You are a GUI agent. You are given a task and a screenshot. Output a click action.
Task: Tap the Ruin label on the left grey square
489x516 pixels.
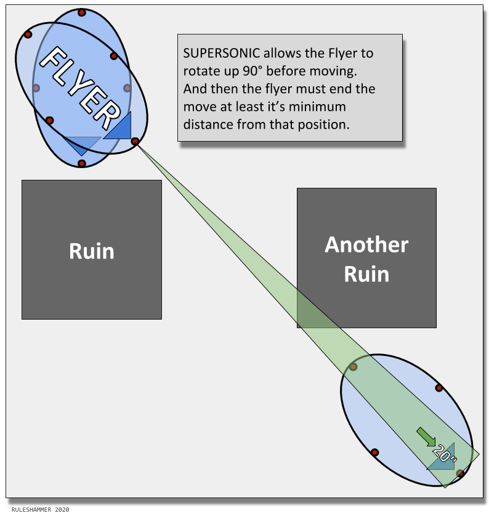click(91, 251)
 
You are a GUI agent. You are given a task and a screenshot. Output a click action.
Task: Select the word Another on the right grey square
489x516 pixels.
click(366, 244)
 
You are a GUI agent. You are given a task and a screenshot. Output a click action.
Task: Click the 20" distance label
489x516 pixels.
click(444, 454)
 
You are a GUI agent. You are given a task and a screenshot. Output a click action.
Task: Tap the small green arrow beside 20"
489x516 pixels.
click(426, 436)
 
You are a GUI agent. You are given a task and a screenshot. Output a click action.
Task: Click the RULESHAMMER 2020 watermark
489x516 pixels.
click(40, 510)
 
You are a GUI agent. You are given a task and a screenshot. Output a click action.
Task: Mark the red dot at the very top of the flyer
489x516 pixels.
click(82, 12)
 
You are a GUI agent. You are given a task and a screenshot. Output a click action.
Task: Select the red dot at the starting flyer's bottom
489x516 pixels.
click(81, 163)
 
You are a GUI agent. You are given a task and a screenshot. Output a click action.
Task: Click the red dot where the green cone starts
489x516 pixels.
click(135, 142)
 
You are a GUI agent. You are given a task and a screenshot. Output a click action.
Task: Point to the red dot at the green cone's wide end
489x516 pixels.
click(459, 473)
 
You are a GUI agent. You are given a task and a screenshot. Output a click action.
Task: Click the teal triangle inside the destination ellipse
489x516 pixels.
click(443, 459)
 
